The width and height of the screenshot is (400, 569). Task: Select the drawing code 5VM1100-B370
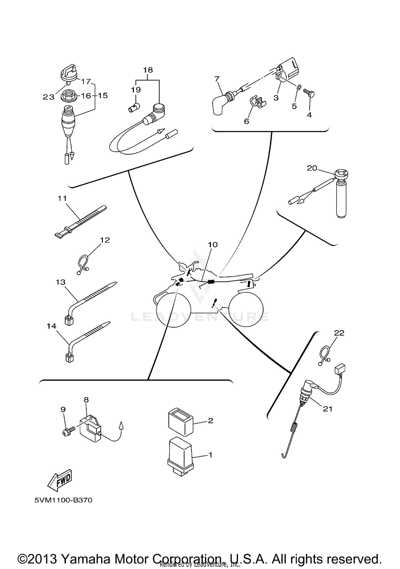(63, 500)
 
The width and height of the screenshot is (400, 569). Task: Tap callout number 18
(148, 70)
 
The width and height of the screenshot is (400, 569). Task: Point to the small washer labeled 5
(299, 87)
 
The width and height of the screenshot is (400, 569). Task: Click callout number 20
(312, 168)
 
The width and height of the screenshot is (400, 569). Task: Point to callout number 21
(327, 409)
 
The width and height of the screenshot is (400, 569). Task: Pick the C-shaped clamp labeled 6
(257, 102)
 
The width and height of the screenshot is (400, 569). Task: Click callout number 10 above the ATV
(213, 244)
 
